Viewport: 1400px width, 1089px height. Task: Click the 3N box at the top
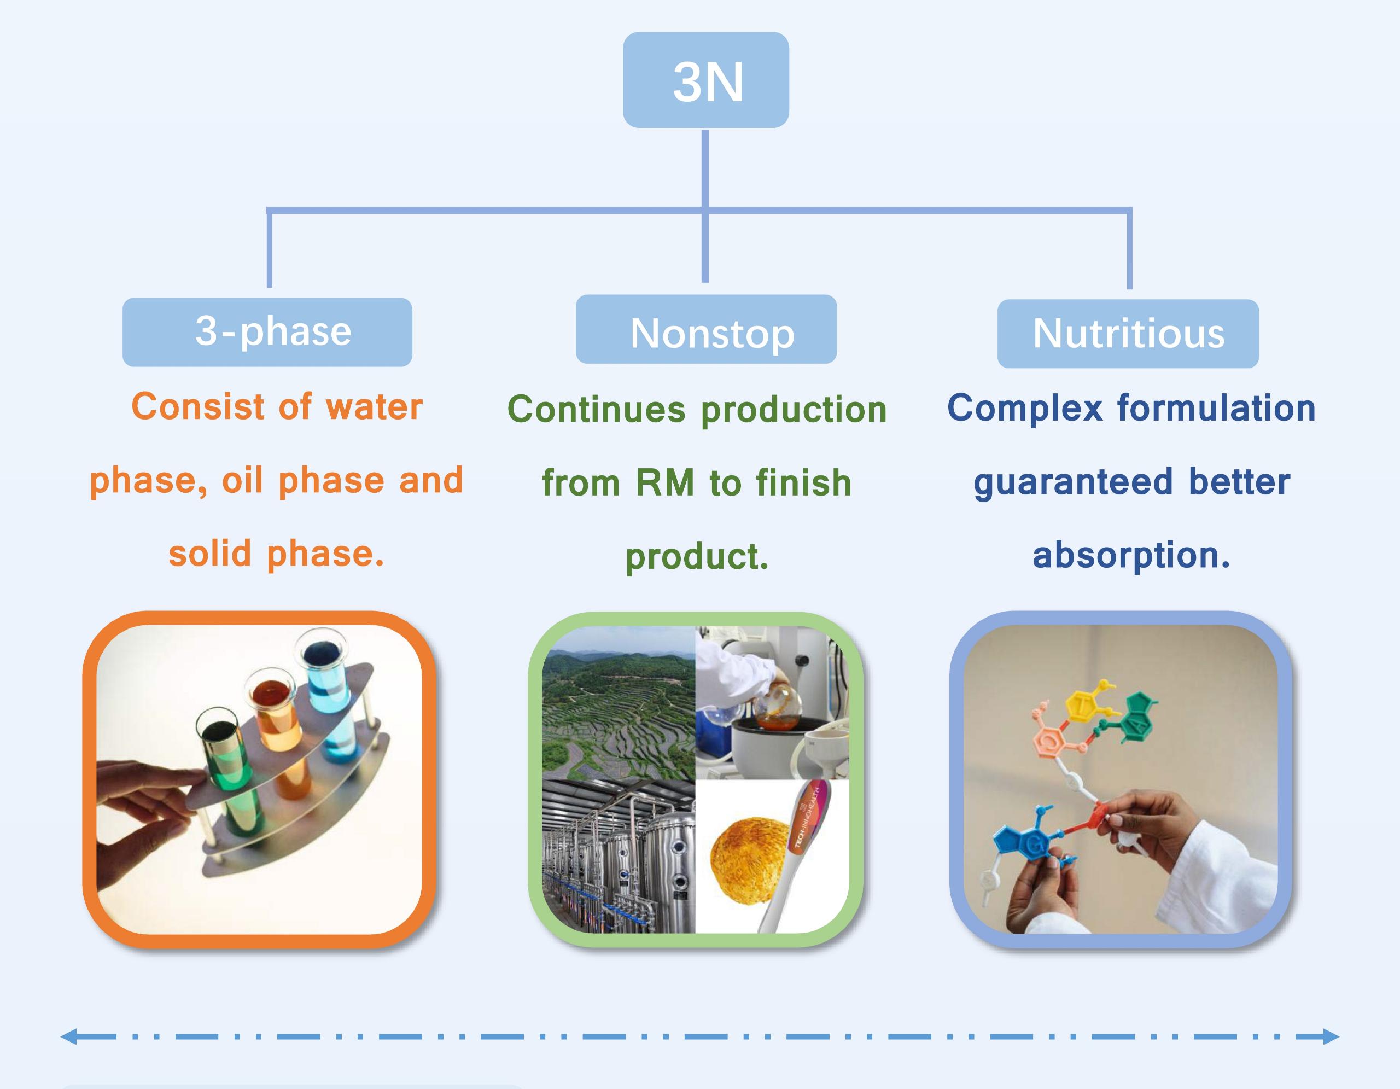click(706, 80)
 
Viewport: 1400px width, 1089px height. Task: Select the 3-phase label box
click(267, 332)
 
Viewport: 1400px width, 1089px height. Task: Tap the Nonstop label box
click(707, 329)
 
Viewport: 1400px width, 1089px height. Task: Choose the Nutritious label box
click(1128, 333)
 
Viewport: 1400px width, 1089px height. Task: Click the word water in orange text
click(375, 407)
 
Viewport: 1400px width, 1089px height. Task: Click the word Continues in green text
click(597, 410)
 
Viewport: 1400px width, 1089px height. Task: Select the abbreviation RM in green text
click(665, 482)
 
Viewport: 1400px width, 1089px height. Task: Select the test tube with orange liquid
click(282, 731)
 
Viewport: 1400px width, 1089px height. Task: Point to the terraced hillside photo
click(619, 702)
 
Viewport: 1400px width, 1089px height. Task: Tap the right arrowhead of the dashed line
click(1331, 1036)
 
